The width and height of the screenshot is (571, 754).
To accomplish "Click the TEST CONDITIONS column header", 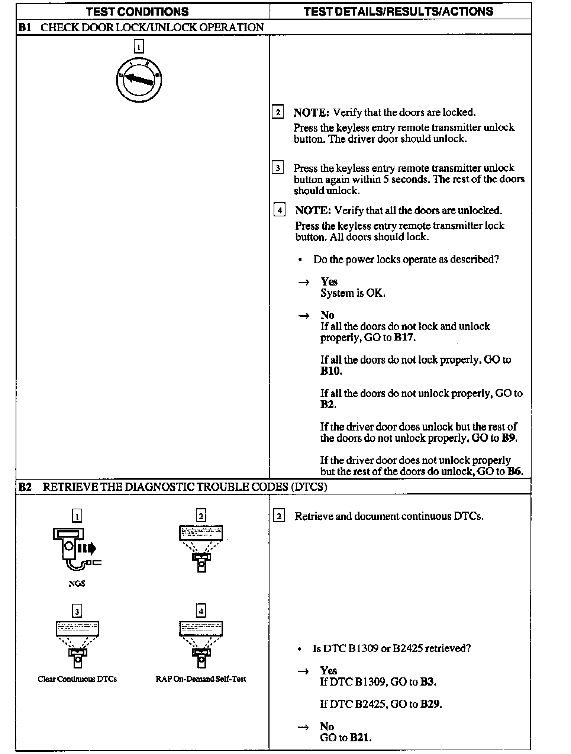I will pyautogui.click(x=137, y=11).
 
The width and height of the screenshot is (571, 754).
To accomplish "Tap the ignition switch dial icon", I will pyautogui.click(x=139, y=80).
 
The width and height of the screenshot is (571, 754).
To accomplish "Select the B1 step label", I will pyautogui.click(x=25, y=28).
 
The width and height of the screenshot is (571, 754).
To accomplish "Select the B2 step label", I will pyautogui.click(x=25, y=487).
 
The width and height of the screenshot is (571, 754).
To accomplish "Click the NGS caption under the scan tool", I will pyautogui.click(x=77, y=583).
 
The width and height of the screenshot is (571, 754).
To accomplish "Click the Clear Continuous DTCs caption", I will pyautogui.click(x=77, y=679).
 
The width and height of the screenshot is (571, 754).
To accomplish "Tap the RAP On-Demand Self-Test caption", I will pyautogui.click(x=201, y=679).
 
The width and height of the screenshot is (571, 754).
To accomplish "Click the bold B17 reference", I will pyautogui.click(x=404, y=338).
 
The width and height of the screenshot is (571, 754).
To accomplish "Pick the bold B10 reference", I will pyautogui.click(x=330, y=371).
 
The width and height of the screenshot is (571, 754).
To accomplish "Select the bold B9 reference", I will pyautogui.click(x=508, y=438).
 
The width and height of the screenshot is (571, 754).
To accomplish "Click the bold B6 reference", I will pyautogui.click(x=514, y=471).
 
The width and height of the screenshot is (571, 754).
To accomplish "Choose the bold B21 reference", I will pyautogui.click(x=360, y=737).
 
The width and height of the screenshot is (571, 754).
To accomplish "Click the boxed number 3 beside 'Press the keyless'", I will pyautogui.click(x=278, y=168).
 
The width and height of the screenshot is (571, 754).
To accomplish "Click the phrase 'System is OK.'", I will pyautogui.click(x=353, y=293).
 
